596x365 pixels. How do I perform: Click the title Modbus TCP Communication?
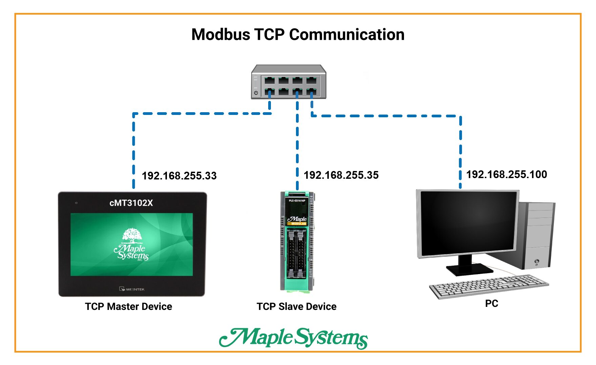(298, 34)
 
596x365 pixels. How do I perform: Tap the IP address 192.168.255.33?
(179, 176)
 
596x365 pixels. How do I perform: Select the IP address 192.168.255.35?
(341, 175)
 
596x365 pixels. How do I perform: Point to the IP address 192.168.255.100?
(507, 174)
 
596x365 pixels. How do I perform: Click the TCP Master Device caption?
(128, 307)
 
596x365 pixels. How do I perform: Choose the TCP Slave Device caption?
(296, 307)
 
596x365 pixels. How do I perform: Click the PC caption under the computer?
(491, 303)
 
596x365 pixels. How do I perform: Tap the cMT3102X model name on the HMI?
(131, 203)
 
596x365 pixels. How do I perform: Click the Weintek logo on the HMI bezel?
(132, 289)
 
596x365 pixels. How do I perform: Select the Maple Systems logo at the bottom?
(293, 338)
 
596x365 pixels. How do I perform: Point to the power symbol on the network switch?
(256, 93)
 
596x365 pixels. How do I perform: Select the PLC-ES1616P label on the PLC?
(297, 201)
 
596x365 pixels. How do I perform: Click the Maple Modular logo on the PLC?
(297, 220)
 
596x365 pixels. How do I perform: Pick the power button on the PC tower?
(537, 262)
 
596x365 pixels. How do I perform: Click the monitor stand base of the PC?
(469, 270)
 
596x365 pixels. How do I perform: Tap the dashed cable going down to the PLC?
(297, 145)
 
